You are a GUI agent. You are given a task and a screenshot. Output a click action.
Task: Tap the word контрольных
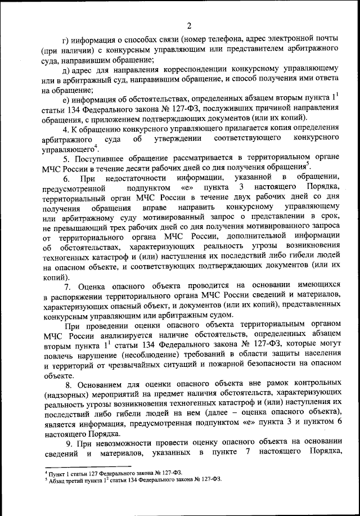click(315, 387)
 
